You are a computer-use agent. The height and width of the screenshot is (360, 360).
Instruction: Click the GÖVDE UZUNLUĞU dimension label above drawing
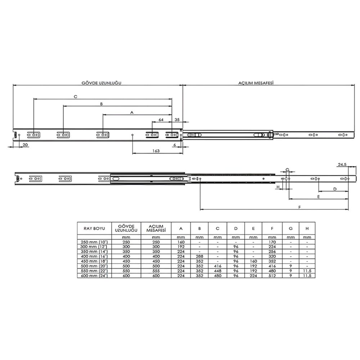[x=101, y=83]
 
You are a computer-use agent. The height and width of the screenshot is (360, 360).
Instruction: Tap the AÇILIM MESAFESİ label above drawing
[x=256, y=83]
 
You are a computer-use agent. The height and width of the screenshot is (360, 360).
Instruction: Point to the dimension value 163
[x=156, y=151]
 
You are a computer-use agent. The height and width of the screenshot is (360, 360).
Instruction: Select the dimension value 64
[x=161, y=120]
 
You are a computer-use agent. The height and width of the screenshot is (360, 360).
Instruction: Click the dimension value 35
[x=177, y=120]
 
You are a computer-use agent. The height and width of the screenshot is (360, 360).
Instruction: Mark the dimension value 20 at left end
[x=25, y=145]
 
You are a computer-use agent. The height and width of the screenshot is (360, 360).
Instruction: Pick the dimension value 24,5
[x=342, y=165]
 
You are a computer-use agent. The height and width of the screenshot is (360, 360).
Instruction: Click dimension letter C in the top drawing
[x=76, y=96]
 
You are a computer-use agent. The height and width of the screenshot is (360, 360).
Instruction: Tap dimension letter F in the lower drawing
[x=300, y=207]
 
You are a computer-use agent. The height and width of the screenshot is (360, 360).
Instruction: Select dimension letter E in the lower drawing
[x=319, y=197]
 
